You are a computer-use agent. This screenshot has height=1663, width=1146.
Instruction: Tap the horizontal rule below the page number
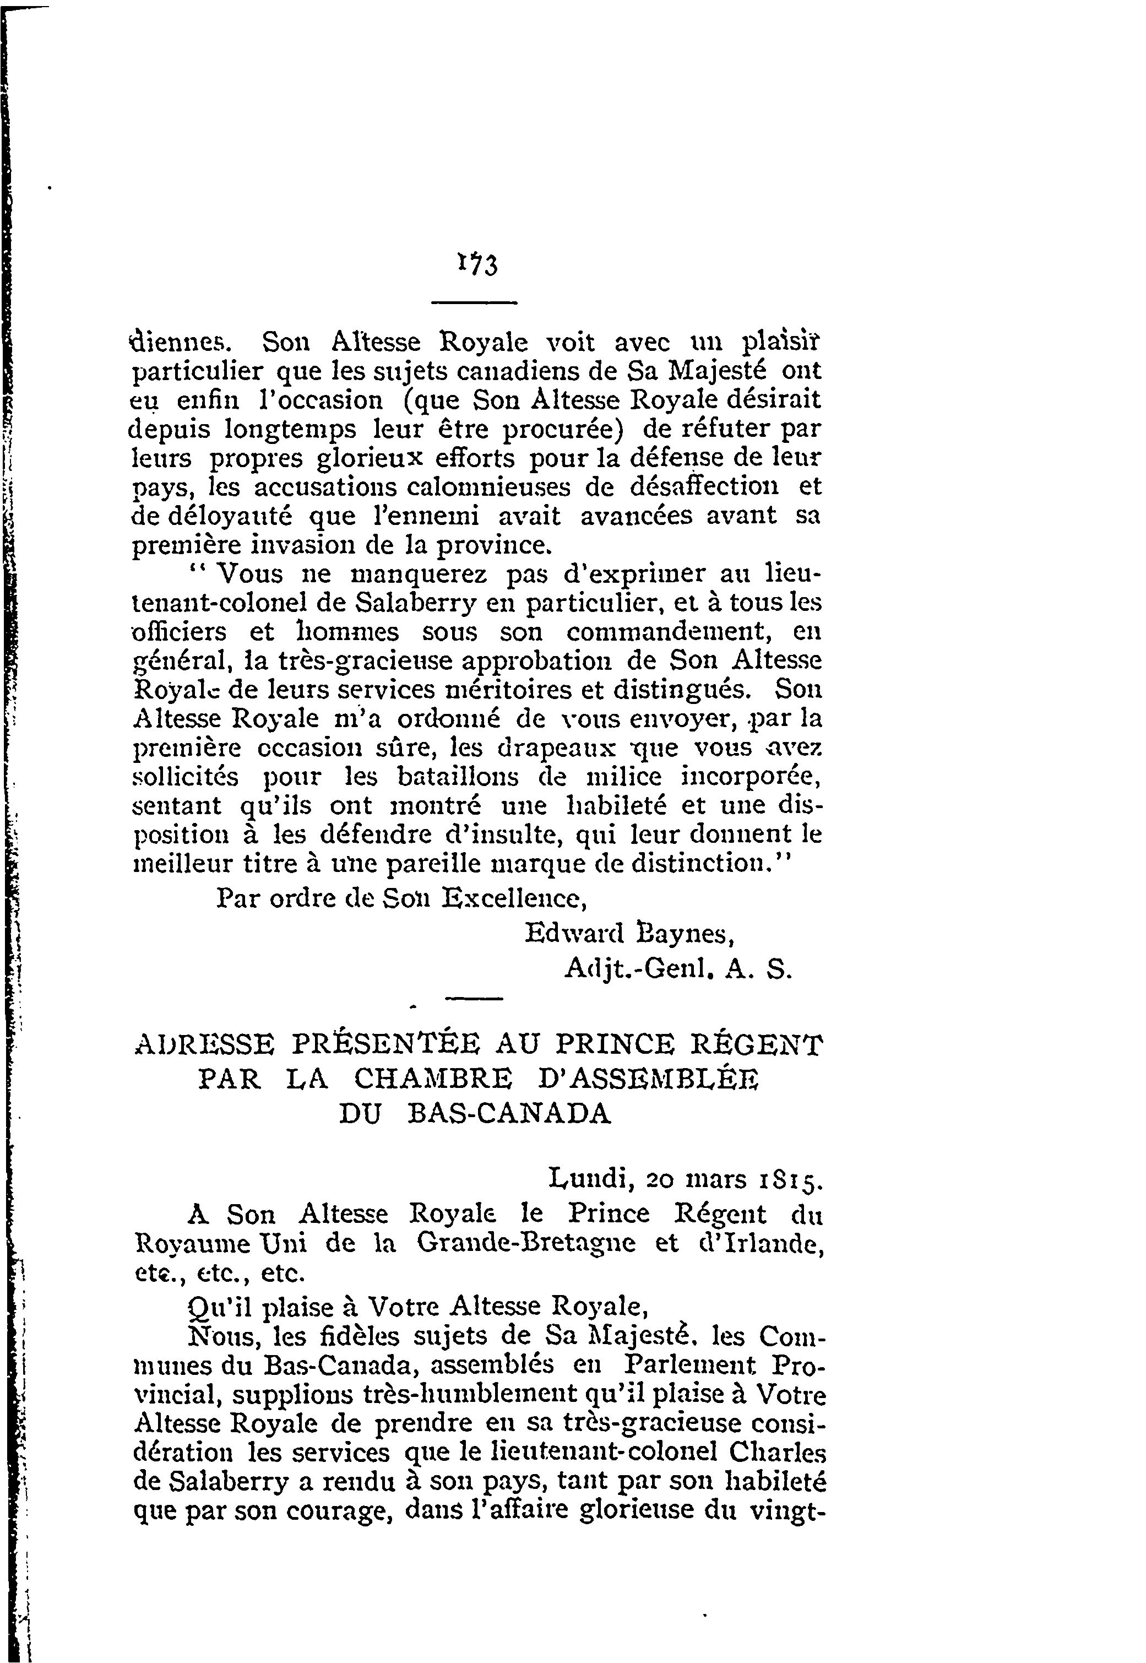click(x=474, y=302)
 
